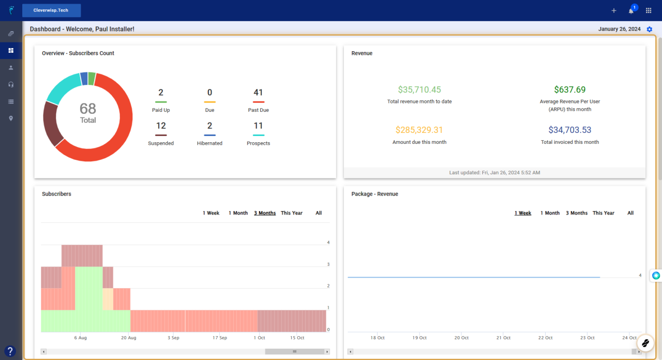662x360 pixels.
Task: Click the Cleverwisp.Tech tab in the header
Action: [x=51, y=10]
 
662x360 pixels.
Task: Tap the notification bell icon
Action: [x=631, y=11]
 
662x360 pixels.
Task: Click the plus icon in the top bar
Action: [x=614, y=11]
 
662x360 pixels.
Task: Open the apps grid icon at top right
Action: [x=649, y=11]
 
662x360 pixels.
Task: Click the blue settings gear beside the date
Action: [x=650, y=29]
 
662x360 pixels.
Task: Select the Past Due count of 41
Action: [x=258, y=93]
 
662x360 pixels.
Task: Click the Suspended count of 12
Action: [x=161, y=126]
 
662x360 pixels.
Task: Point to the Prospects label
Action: [x=258, y=143]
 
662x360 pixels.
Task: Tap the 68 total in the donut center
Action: [x=88, y=109]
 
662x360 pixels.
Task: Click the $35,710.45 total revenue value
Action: [x=419, y=89]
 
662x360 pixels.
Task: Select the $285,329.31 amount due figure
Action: [x=419, y=130]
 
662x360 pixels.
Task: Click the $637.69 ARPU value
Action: [x=570, y=89]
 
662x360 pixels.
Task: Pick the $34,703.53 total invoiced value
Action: [x=570, y=130]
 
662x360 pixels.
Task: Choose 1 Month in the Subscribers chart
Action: [x=238, y=213]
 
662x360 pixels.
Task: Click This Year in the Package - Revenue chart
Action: [x=604, y=213]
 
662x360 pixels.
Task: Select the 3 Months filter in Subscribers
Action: [x=265, y=213]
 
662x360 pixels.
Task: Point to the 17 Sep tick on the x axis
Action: [x=219, y=338]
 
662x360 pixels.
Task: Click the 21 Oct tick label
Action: [x=503, y=338]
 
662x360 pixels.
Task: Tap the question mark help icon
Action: [x=11, y=350]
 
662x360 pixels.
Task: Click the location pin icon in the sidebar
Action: [x=11, y=118]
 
